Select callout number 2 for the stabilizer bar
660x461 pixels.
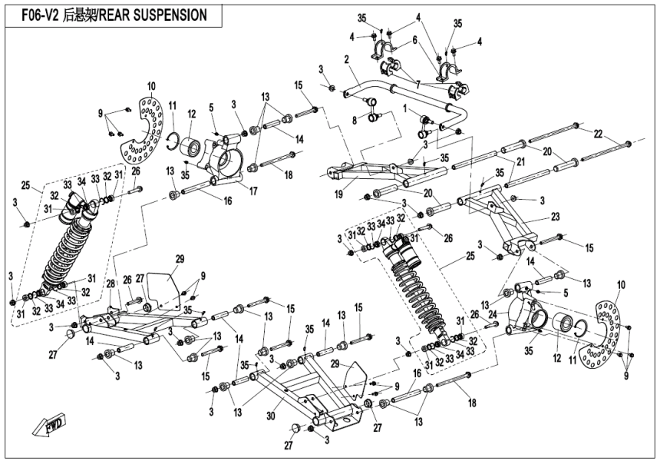[x=347, y=59]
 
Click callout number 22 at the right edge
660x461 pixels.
[x=598, y=134]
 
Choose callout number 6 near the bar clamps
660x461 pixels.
[x=415, y=39]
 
